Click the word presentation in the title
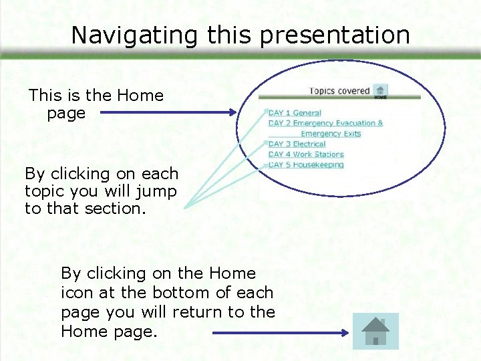(x=335, y=35)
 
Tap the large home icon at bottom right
(x=375, y=331)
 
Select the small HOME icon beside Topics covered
(x=380, y=92)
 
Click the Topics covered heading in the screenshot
(x=339, y=91)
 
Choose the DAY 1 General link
(x=295, y=113)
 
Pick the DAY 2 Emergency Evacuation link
(x=325, y=123)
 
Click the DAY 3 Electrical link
(x=297, y=144)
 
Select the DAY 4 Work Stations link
(x=306, y=154)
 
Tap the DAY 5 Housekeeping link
(x=306, y=164)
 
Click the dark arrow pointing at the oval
(x=167, y=113)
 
